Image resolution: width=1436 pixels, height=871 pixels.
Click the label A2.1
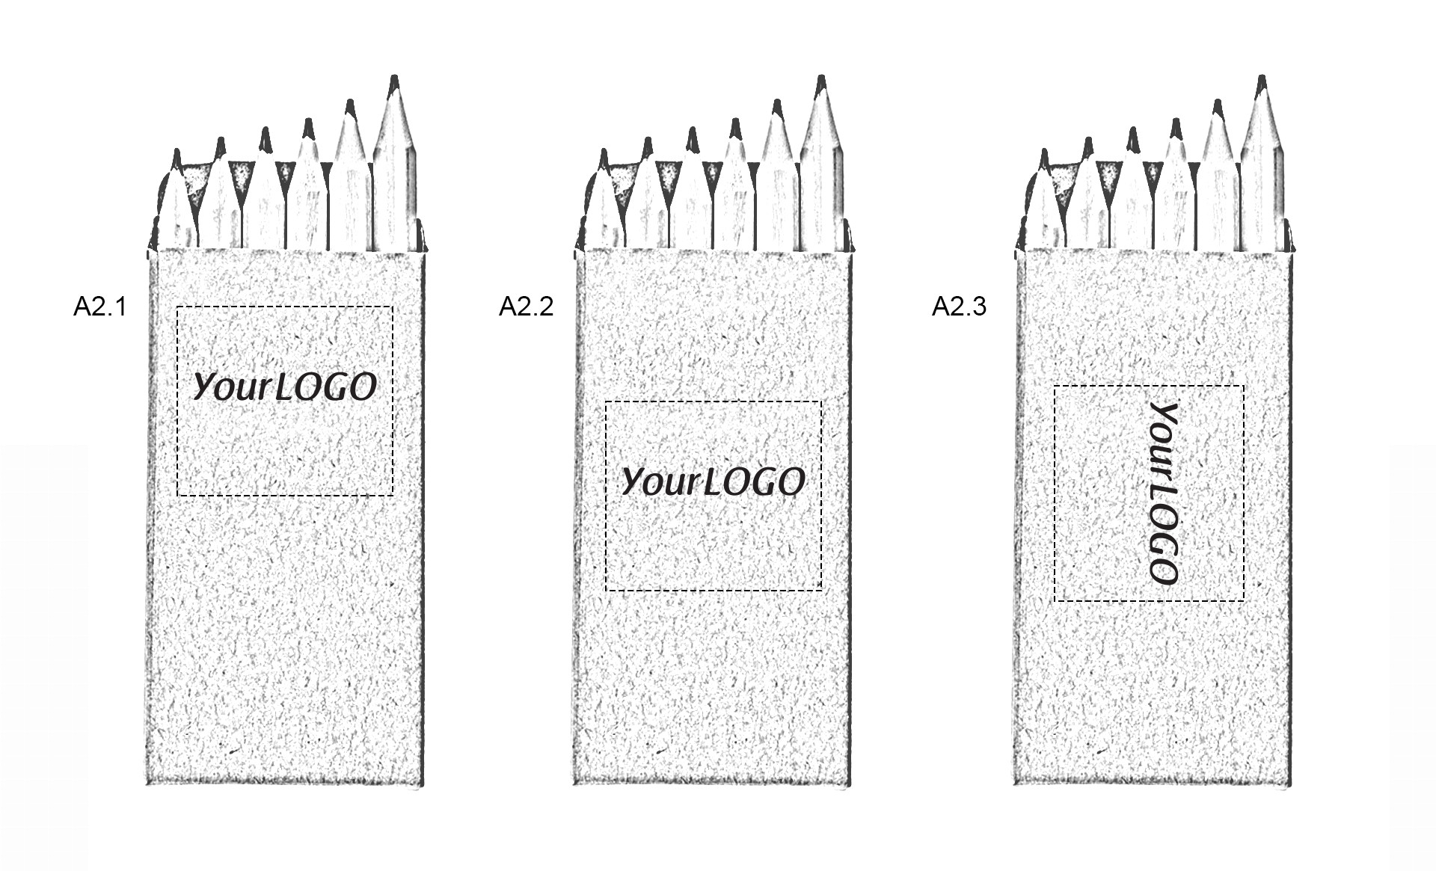100,307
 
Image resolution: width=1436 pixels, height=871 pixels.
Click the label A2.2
527,307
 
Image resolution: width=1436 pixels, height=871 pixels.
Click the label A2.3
959,307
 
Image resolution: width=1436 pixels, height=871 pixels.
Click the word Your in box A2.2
661,481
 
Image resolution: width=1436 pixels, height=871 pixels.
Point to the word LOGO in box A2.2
755,481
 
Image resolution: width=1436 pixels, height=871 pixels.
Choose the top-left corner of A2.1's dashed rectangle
177,307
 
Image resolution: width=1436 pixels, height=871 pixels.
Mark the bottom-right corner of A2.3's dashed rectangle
1244,600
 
